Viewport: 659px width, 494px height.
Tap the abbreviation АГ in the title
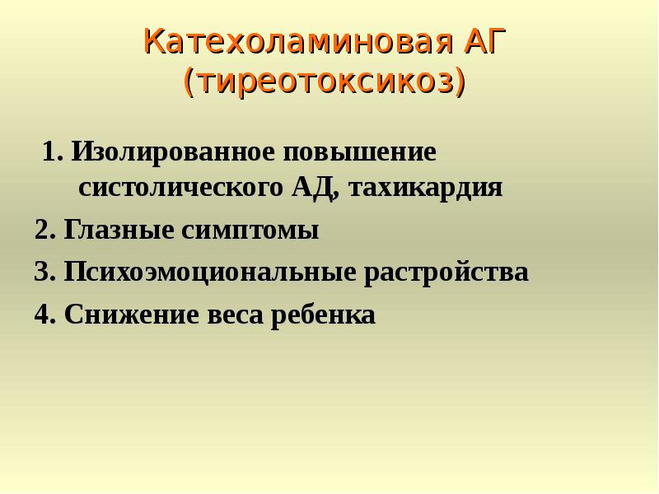click(485, 41)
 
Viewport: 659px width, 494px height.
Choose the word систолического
click(180, 189)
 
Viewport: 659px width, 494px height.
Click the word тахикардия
click(426, 189)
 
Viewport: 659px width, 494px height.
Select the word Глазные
click(115, 231)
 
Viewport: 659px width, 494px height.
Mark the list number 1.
click(51, 154)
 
